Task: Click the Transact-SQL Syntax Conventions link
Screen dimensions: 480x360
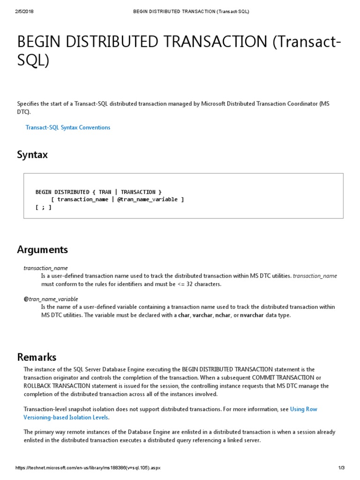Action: tap(67, 127)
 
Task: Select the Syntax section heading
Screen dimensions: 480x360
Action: tap(32, 154)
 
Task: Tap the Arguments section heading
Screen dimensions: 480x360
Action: tap(42, 249)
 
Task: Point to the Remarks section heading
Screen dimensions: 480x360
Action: tap(37, 357)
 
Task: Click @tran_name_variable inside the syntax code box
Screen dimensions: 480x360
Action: tap(148, 199)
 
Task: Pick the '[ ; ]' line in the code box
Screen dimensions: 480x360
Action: tap(44, 207)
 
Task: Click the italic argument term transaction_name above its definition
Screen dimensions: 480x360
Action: tap(45, 268)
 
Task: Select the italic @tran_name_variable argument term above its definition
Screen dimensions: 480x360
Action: tap(51, 299)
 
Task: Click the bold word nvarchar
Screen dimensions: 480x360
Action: tap(252, 315)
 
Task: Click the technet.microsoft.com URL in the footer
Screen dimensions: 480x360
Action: tap(89, 468)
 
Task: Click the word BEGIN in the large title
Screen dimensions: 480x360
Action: tap(37, 43)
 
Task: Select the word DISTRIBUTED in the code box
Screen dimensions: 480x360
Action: tap(72, 192)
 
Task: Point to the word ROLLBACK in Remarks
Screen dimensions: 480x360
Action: tap(37, 386)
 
